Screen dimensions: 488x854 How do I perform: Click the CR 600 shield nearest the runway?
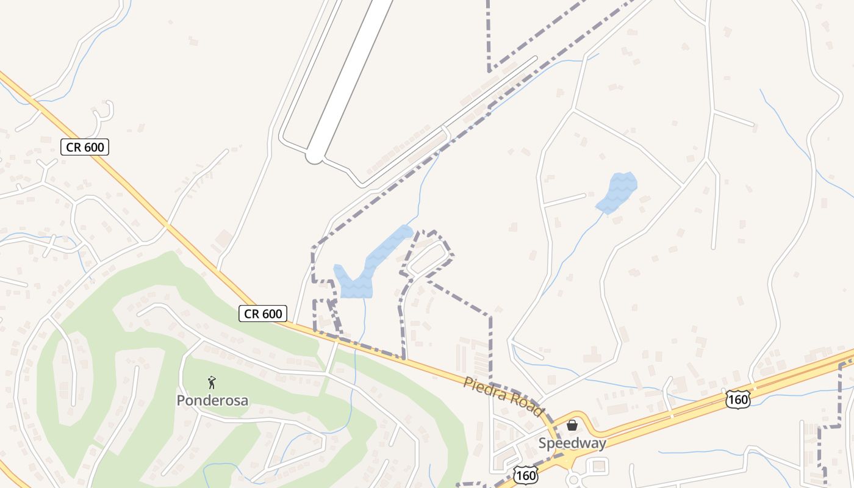pos(85,146)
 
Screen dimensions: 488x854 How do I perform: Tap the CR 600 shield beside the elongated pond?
pos(263,314)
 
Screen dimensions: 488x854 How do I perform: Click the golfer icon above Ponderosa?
pos(212,383)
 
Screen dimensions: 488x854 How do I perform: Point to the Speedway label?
pos(572,443)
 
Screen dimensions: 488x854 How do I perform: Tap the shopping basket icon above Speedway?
pos(572,425)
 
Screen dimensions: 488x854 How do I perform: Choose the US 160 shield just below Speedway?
pos(525,475)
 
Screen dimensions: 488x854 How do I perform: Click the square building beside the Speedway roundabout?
pos(600,467)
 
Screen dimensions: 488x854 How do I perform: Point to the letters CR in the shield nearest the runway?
pos(75,146)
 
